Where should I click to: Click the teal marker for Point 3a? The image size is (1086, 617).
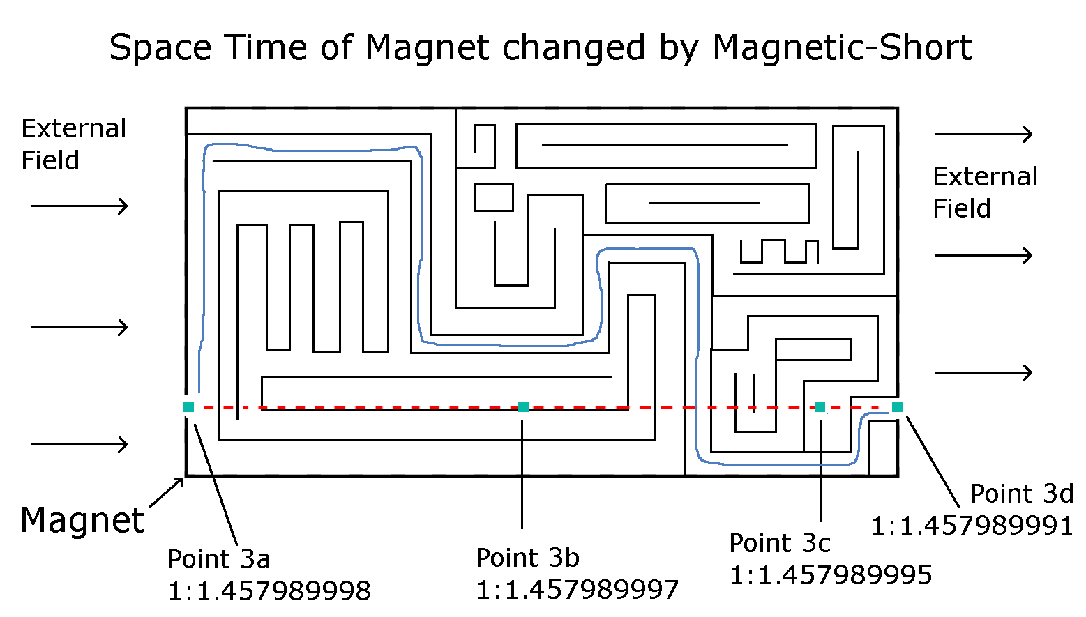pyautogui.click(x=188, y=406)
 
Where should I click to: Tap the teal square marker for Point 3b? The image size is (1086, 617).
pyautogui.click(x=523, y=406)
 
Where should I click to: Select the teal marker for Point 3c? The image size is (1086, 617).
pyautogui.click(x=820, y=406)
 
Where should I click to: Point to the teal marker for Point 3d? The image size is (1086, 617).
pyautogui.click(x=897, y=406)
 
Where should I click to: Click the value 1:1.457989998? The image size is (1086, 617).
pyautogui.click(x=269, y=591)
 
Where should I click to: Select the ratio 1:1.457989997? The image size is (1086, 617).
pyautogui.click(x=577, y=590)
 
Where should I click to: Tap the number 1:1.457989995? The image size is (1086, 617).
pyautogui.click(x=831, y=575)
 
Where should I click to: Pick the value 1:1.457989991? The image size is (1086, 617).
pyautogui.click(x=972, y=526)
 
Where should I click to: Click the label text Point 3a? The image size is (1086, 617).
pyautogui.click(x=218, y=559)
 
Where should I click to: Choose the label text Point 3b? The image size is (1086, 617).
pyautogui.click(x=527, y=558)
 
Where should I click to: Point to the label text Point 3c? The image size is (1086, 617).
pyautogui.click(x=780, y=543)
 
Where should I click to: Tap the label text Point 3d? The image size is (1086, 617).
pyautogui.click(x=1022, y=494)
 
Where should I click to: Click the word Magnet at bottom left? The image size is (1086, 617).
pyautogui.click(x=82, y=520)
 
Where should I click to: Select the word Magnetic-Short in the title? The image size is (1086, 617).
pyautogui.click(x=842, y=48)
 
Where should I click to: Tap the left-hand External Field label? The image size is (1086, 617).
pyautogui.click(x=73, y=144)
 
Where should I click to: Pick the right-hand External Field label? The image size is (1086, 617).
pyautogui.click(x=985, y=192)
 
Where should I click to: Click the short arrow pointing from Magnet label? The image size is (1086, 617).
pyautogui.click(x=167, y=492)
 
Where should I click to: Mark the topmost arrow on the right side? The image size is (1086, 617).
pyautogui.click(x=983, y=134)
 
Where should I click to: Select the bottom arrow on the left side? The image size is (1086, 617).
pyautogui.click(x=80, y=444)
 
